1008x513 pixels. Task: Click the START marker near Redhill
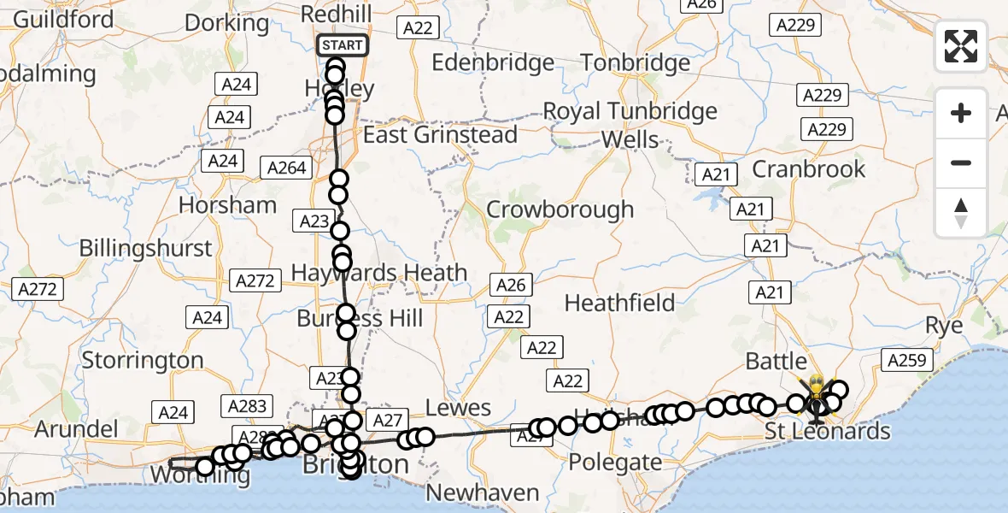click(343, 44)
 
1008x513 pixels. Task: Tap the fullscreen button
click(961, 46)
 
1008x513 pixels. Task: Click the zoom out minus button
click(961, 162)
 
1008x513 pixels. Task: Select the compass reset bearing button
click(961, 213)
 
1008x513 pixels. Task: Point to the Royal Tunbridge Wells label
click(630, 125)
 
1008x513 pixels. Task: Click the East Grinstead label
click(440, 135)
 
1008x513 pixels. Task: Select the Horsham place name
click(227, 205)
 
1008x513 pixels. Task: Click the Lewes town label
click(460, 408)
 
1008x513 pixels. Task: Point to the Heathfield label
click(619, 303)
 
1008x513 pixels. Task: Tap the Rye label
click(944, 326)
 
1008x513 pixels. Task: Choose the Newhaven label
click(483, 492)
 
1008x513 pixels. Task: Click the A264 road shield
click(286, 168)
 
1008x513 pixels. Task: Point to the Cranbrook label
click(808, 169)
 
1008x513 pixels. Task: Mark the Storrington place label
click(143, 360)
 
